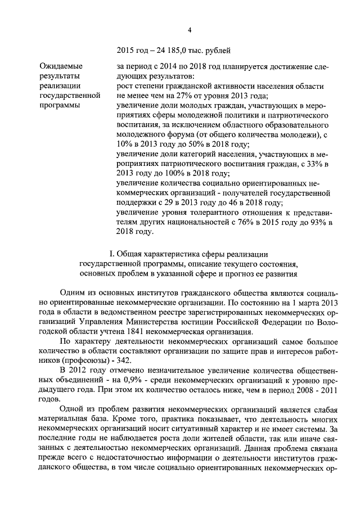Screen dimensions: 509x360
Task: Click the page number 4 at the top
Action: coord(190,30)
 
